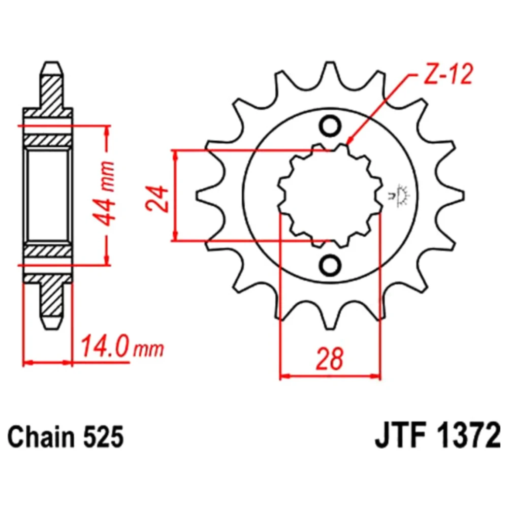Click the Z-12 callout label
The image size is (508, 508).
pos(448,75)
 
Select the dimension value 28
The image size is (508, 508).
pos(330,359)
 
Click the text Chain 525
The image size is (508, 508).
pos(66,437)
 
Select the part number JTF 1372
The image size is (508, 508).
pos(438,436)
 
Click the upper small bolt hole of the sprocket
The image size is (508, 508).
pos(330,125)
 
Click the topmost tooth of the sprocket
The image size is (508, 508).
pos(330,70)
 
